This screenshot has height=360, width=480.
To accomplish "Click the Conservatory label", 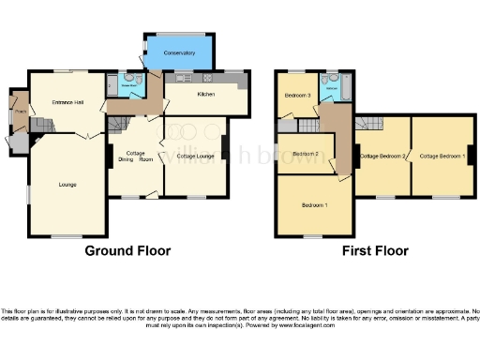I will [179, 53].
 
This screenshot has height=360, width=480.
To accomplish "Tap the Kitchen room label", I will [206, 95].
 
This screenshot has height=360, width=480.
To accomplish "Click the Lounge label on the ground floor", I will [67, 184].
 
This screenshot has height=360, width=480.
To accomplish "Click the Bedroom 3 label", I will [297, 96].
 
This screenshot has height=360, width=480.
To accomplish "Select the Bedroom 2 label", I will [306, 154].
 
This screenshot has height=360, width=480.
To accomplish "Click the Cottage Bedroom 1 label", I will [442, 155].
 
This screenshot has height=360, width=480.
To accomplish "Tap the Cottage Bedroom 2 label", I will [382, 156].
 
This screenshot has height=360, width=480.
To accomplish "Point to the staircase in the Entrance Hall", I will [38, 125].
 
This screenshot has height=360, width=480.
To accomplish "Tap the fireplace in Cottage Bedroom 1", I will [469, 156].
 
